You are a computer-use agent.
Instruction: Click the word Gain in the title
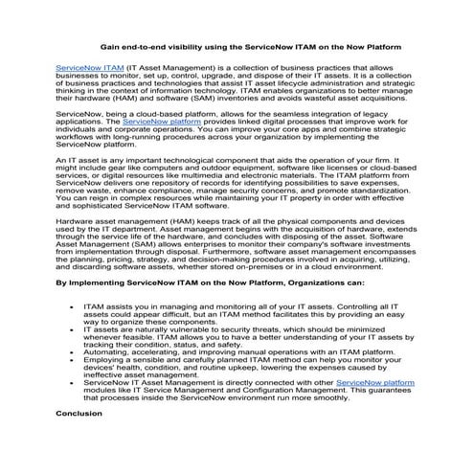[111, 46]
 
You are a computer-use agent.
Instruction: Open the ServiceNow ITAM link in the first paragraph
[90, 70]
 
